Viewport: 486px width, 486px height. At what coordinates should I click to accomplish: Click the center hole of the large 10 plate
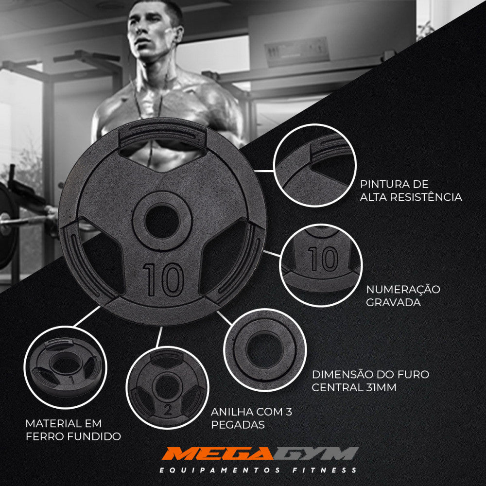[162, 222]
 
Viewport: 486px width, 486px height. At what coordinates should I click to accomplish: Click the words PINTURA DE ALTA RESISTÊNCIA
[411, 191]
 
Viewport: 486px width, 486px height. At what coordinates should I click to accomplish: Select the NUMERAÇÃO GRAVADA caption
[403, 295]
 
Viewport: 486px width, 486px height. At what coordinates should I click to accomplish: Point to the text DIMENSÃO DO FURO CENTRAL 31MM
[370, 381]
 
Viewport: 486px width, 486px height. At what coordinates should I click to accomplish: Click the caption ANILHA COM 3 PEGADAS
[251, 418]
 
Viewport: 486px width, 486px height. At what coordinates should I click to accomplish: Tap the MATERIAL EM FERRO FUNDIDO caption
[73, 430]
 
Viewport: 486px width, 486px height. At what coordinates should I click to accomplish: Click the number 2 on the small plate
[168, 410]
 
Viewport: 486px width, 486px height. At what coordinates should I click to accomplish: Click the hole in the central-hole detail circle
[264, 349]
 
